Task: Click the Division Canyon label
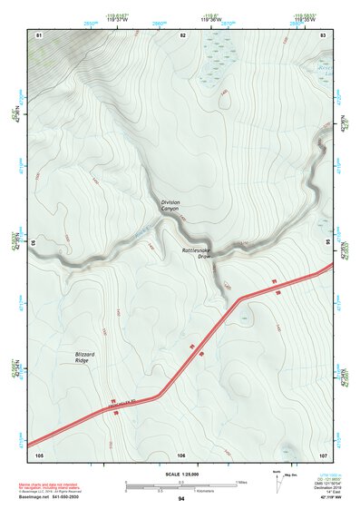pyautogui.click(x=170, y=206)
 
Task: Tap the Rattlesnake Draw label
pyautogui.click(x=197, y=253)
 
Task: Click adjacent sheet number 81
pyautogui.click(x=39, y=34)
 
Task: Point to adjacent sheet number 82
pyautogui.click(x=182, y=34)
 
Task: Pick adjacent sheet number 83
pyautogui.click(x=323, y=34)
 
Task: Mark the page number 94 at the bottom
pyautogui.click(x=181, y=499)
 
